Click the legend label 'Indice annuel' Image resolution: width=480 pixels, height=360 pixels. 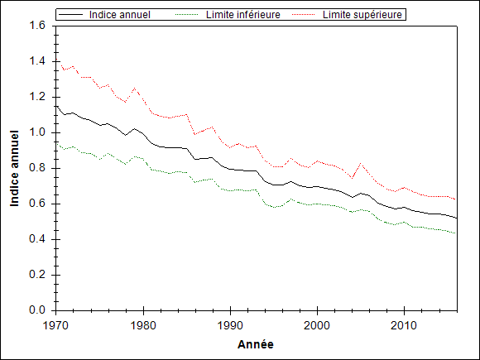click(x=120, y=15)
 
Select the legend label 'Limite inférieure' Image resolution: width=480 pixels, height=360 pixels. click(x=243, y=15)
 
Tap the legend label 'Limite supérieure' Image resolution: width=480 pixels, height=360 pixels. click(x=362, y=15)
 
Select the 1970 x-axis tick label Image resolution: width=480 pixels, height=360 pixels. click(x=56, y=325)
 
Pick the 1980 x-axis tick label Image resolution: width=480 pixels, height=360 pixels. click(x=143, y=325)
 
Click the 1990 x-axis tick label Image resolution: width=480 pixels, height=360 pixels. click(x=230, y=325)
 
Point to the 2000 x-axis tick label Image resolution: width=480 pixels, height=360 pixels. click(x=317, y=325)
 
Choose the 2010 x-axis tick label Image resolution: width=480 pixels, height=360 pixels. click(x=404, y=325)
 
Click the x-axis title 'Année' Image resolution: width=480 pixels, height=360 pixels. click(x=256, y=345)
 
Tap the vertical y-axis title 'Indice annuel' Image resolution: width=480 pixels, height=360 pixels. click(x=14, y=168)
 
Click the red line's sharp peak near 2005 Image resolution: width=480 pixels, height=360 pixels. click(x=361, y=164)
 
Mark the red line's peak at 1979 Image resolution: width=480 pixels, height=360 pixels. click(x=135, y=89)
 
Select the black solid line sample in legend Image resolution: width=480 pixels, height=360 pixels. click(x=70, y=15)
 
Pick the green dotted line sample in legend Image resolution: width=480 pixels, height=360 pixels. click(x=187, y=15)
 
